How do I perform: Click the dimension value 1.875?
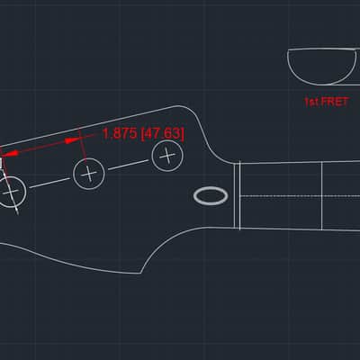(120, 133)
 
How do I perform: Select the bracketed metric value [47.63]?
(162, 133)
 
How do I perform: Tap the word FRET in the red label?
(336, 102)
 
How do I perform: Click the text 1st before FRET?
(311, 102)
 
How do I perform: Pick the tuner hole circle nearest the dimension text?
(167, 141)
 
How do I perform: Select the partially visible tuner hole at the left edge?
(26, 192)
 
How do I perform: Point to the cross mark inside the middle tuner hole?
(89, 174)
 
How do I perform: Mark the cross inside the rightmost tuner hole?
(167, 156)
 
